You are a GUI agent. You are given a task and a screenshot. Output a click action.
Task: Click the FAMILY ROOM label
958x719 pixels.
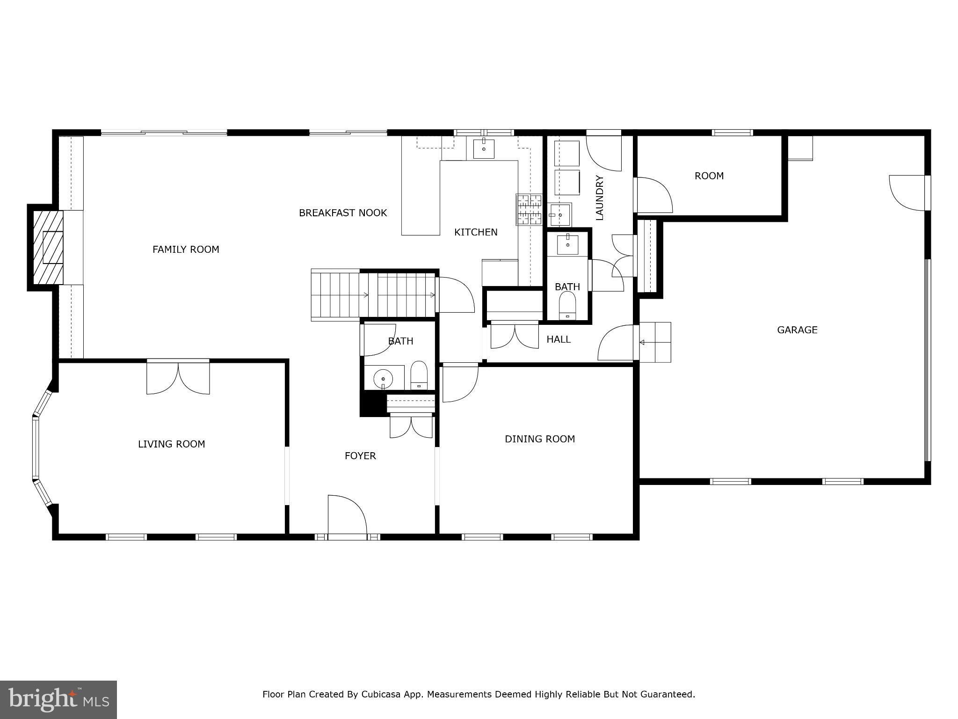tap(186, 249)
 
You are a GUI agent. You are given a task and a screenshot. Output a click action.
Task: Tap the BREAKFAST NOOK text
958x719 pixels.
tap(342, 213)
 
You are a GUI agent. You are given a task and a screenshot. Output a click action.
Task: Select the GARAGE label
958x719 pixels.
tap(797, 330)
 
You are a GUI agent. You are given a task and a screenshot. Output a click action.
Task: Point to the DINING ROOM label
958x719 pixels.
tap(539, 439)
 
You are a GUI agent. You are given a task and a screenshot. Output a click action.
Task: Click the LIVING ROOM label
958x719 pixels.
tap(171, 444)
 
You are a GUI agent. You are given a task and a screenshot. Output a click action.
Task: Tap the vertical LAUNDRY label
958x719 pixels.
tap(600, 198)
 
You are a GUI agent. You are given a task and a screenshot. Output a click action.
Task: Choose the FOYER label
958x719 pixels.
tap(360, 456)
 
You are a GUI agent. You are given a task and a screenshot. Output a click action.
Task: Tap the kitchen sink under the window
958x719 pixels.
tap(484, 149)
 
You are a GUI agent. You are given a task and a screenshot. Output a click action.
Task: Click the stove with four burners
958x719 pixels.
tap(529, 209)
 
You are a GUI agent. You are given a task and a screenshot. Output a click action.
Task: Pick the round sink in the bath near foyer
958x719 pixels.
tap(384, 378)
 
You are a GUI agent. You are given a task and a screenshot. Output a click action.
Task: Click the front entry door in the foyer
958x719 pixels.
tap(347, 515)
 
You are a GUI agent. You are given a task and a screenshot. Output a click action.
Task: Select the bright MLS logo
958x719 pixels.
tap(58, 699)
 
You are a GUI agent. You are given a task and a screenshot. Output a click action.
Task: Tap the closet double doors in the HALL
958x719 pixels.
tap(514, 336)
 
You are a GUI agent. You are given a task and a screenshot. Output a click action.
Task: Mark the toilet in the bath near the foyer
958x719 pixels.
tap(419, 375)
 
